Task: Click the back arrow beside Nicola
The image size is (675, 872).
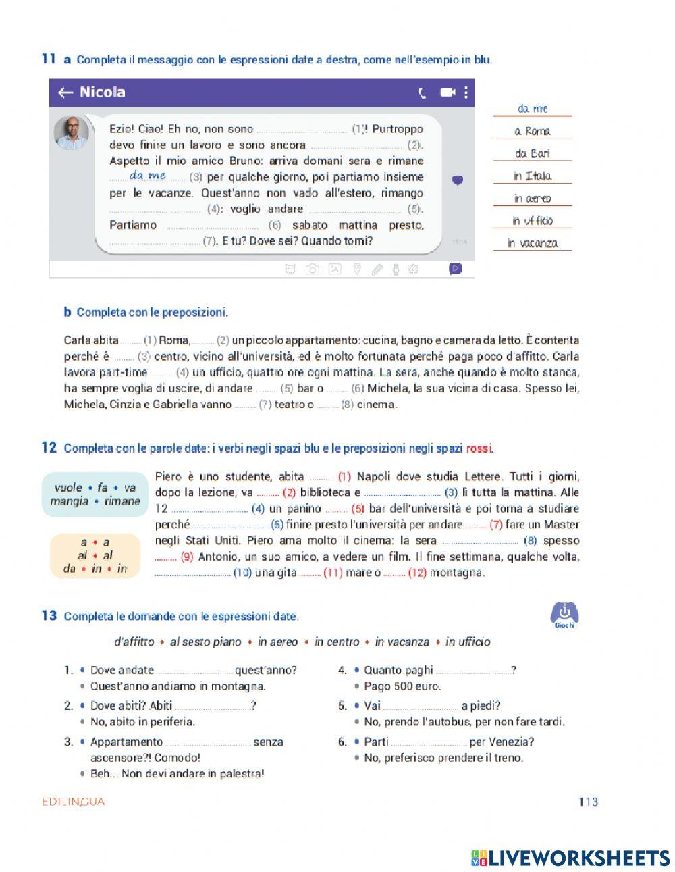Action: point(65,93)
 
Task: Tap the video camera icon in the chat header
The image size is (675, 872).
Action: point(448,93)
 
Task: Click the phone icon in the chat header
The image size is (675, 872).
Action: point(423,93)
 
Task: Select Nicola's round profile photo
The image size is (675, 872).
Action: point(72,132)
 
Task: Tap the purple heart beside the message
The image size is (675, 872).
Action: point(458,180)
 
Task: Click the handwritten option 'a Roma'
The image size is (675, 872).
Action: point(533,131)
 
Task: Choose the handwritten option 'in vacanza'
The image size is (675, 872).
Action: point(533,243)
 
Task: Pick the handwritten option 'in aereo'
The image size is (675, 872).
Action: point(533,198)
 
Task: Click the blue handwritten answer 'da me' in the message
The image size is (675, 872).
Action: point(148,175)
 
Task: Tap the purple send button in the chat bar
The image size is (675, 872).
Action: point(456,269)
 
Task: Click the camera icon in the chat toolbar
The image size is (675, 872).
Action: point(312,270)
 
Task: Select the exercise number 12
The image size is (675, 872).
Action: point(49,447)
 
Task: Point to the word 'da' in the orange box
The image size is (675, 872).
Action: point(69,569)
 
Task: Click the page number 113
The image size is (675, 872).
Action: point(588,802)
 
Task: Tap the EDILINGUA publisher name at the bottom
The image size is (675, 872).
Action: point(73,802)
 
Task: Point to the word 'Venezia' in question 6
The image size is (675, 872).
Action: point(510,742)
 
